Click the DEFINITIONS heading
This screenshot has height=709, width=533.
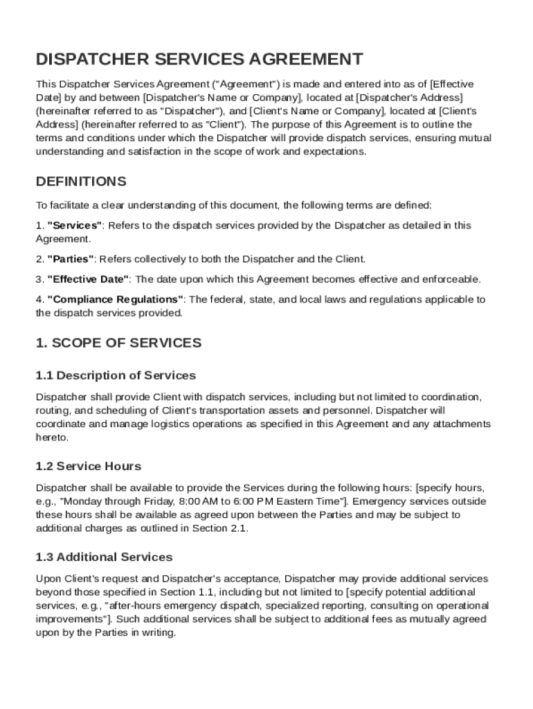point(81,181)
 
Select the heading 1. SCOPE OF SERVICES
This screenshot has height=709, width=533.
point(118,343)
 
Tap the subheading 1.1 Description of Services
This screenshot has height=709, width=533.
point(116,375)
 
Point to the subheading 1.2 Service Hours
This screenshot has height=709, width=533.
point(89,466)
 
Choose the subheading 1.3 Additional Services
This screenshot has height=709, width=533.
point(104,557)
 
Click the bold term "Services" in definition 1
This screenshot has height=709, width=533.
point(75,225)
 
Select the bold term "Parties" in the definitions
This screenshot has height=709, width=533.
point(71,259)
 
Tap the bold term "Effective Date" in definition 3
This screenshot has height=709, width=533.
point(88,279)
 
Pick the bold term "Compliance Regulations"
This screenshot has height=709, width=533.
point(115,299)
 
